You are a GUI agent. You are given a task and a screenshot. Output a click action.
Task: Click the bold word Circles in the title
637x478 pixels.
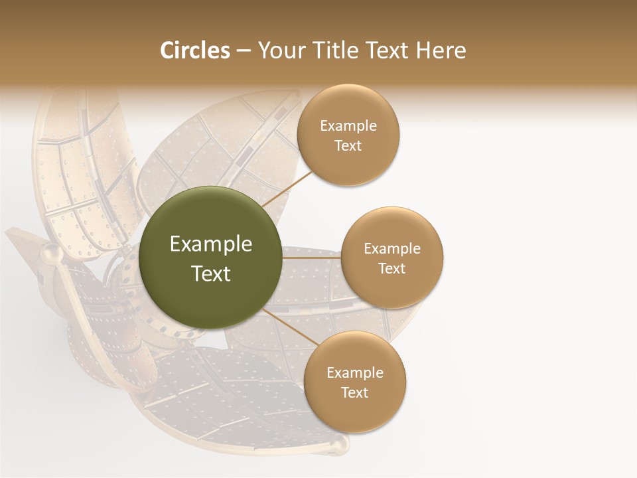[x=194, y=50]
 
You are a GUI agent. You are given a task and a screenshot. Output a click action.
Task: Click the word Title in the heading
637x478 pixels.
[x=335, y=50]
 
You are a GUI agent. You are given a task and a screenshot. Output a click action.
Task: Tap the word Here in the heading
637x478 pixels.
[x=441, y=50]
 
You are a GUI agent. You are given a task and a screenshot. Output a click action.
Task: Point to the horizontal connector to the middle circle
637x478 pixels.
[x=312, y=258]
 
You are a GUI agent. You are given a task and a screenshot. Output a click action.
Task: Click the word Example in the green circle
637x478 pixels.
[x=211, y=244]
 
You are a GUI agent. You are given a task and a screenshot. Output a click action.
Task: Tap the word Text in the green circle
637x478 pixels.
[x=211, y=274]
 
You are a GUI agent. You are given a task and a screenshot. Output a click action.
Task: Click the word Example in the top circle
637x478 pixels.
[x=348, y=125]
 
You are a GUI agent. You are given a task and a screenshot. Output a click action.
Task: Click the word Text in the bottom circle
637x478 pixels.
[x=354, y=392]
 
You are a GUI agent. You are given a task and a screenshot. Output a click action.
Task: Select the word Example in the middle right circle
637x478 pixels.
[x=392, y=249]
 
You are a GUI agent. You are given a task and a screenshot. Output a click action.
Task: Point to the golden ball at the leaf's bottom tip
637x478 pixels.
[x=340, y=443]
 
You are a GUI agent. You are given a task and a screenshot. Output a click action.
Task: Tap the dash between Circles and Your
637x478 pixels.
[x=244, y=51]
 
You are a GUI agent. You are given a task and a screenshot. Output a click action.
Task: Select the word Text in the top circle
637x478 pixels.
[x=348, y=145]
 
